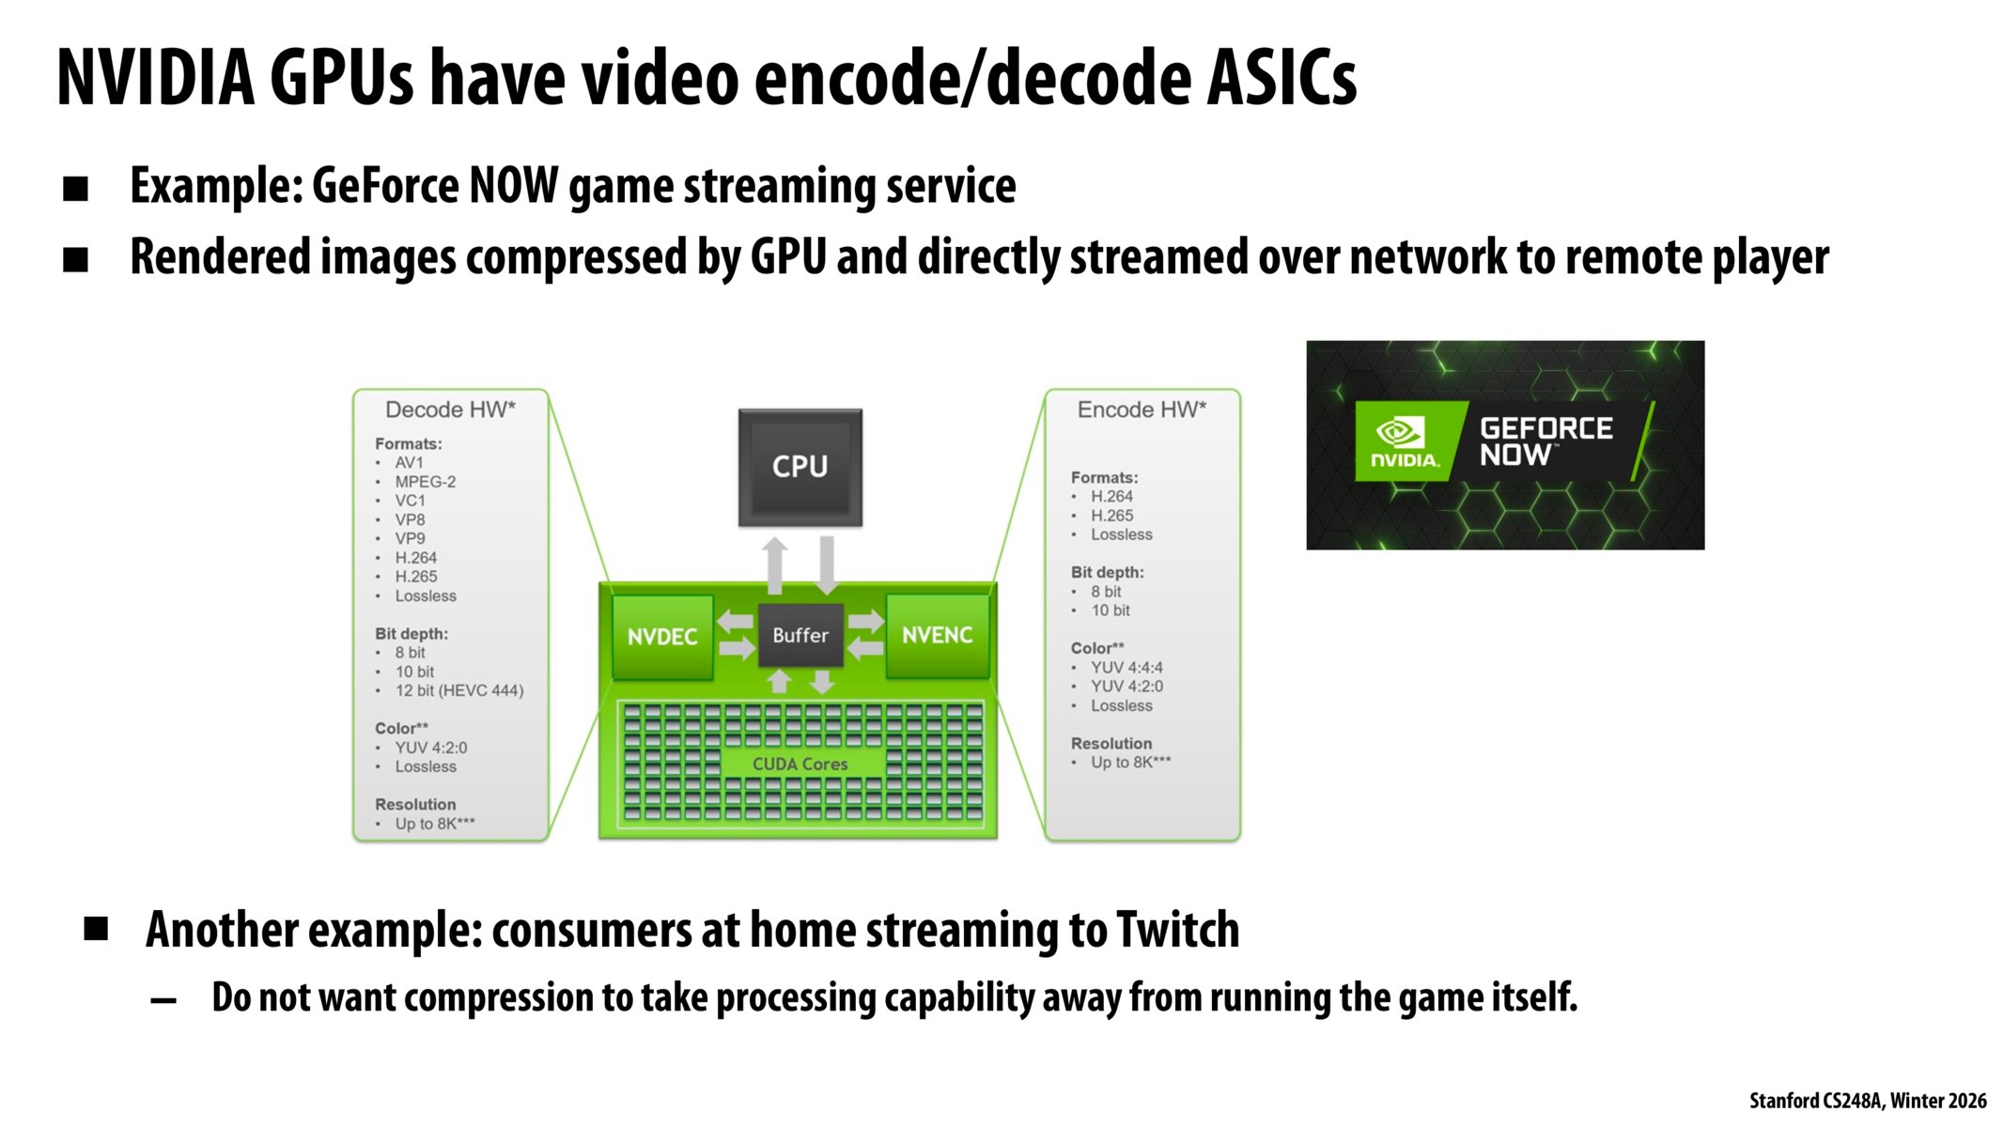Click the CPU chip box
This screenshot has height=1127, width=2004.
pos(800,467)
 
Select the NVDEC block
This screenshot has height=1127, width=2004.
pos(662,636)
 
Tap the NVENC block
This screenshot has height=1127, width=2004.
pos(937,635)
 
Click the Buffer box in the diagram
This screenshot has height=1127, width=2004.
pos(800,635)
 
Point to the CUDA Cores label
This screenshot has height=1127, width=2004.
pos(800,764)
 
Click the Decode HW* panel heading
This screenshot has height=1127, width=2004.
pos(450,409)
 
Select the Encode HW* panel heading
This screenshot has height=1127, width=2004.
pos(1142,409)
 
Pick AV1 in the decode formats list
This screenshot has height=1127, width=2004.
pos(409,463)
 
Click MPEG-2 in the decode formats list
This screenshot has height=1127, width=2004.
pos(425,482)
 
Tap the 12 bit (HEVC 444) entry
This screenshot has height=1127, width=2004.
pos(458,690)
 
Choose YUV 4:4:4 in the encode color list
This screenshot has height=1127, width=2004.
pos(1126,668)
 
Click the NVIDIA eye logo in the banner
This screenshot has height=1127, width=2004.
pos(1400,432)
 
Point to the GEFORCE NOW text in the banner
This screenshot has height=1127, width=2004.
pos(1546,441)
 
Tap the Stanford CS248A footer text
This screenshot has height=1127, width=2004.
pos(1868,1101)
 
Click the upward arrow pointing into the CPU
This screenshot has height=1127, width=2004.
pos(774,565)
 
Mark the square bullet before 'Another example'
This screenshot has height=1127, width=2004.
pos(96,929)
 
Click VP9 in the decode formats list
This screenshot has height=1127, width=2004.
pos(410,539)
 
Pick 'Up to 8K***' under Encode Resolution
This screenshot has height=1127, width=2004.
pos(1130,763)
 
